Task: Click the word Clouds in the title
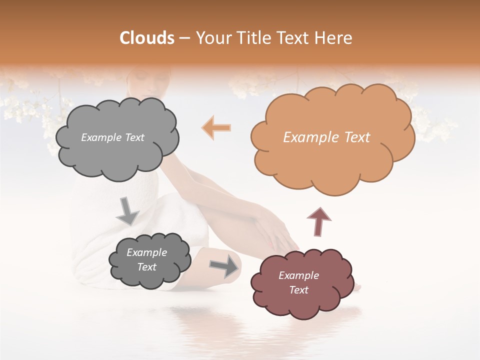point(147,38)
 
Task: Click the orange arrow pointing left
point(216,127)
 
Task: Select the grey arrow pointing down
point(127,210)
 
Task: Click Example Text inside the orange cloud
point(326,137)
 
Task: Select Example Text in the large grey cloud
point(112,137)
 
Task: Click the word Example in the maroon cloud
point(298,275)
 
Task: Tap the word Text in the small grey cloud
point(147,267)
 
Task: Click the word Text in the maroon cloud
point(298,290)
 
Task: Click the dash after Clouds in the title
point(184,38)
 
